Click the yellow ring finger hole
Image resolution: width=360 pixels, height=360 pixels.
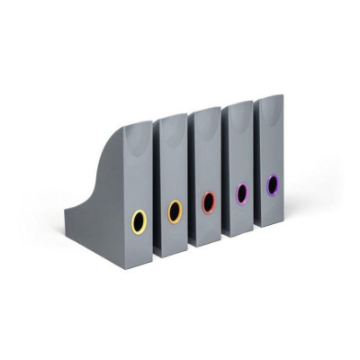click(x=139, y=220)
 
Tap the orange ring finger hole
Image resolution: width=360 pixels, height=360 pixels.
click(x=175, y=211)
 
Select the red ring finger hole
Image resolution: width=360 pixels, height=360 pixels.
click(x=209, y=202)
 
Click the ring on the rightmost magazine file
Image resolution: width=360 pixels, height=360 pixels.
click(x=272, y=184)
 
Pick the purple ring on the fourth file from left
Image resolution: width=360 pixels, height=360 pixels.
click(x=241, y=193)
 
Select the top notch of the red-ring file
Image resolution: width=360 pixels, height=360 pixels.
click(x=205, y=111)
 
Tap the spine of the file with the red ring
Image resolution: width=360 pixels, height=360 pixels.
click(x=208, y=162)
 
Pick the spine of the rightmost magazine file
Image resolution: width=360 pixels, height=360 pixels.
click(x=271, y=148)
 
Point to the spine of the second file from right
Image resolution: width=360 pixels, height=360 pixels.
click(x=240, y=155)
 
